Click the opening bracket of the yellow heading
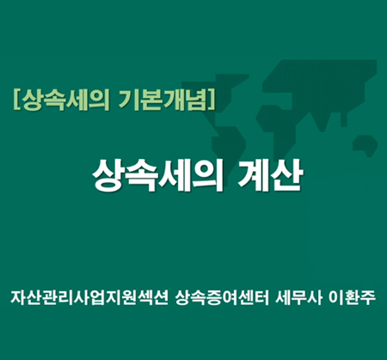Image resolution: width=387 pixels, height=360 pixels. coord(17,100)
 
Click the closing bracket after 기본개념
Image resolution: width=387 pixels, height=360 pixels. coord(212,100)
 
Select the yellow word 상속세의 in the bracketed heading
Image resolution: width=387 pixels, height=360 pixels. coord(65,100)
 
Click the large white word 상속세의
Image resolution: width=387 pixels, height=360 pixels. coord(157,175)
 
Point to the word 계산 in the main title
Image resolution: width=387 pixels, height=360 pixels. coord(270,175)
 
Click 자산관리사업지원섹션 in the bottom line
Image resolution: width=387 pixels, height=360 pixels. coord(89,298)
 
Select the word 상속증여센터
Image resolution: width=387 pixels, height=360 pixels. coord(222,298)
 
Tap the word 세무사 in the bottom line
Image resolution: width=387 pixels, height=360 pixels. coord(298,298)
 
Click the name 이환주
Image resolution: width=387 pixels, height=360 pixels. coord(352,298)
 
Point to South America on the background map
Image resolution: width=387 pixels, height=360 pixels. coord(230,149)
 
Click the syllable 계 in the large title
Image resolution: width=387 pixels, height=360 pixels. coord(254,175)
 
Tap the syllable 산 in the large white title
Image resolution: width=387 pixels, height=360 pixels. coord(287,175)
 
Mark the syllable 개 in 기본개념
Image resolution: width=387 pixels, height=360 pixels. coord(175,100)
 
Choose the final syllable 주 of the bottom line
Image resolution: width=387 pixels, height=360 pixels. coord(368,298)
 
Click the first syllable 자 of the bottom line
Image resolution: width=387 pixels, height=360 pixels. coord(18,298)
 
